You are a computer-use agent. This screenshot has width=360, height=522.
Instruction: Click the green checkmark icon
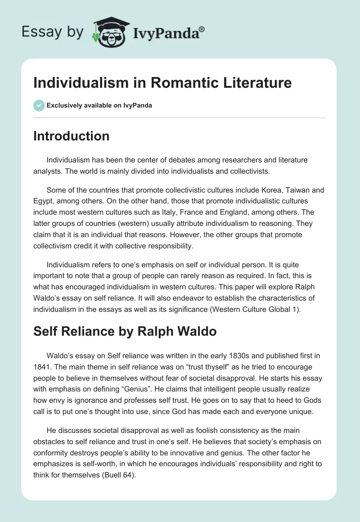(x=39, y=105)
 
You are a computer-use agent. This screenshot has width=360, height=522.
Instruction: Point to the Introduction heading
(x=71, y=136)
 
